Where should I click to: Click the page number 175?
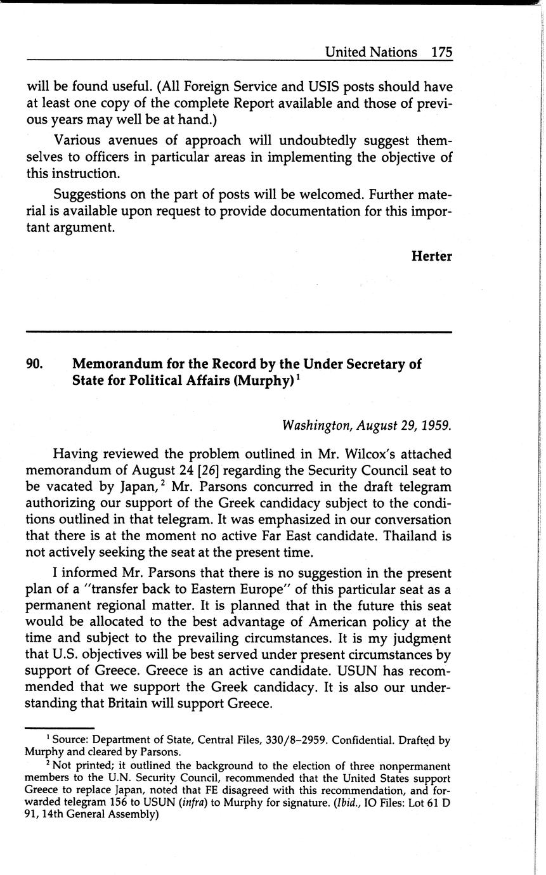coord(441,52)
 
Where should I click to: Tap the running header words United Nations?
coord(371,52)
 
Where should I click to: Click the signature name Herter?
coord(432,256)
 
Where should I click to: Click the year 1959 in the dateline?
coord(438,425)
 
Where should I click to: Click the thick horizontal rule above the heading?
coord(239,332)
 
